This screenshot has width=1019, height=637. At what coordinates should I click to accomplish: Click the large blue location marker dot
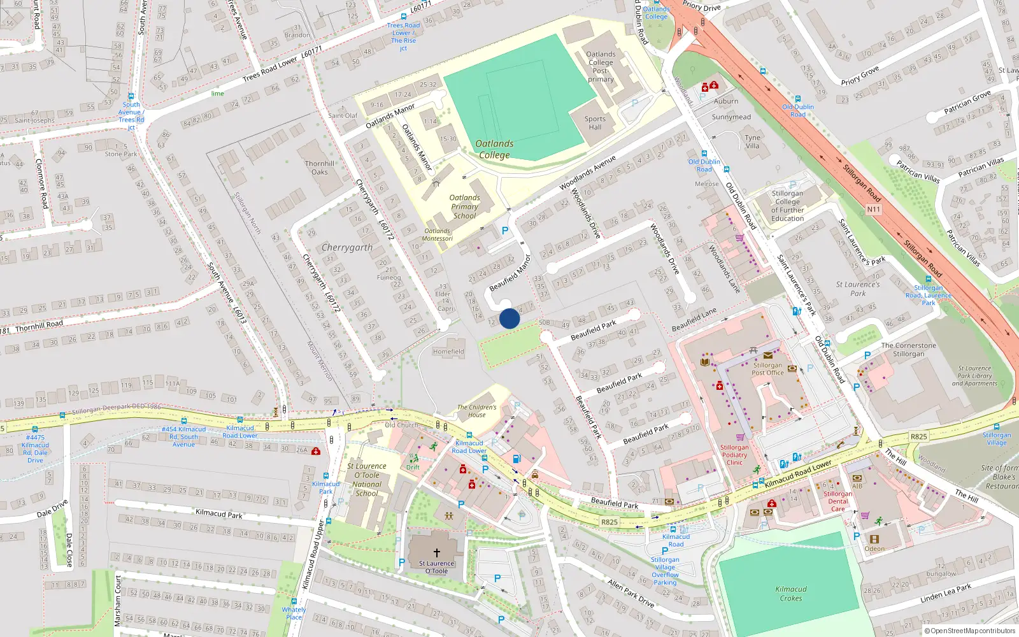point(509,318)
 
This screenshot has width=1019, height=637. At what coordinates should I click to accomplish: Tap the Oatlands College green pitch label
point(494,149)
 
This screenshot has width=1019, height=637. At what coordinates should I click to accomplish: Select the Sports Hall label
point(595,123)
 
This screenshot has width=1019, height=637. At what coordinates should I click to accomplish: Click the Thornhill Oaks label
point(320,168)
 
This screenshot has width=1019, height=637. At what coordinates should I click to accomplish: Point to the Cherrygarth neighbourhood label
point(346,247)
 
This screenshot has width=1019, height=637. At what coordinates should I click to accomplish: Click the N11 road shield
point(873,209)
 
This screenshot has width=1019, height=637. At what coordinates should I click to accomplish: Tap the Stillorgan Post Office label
point(767,369)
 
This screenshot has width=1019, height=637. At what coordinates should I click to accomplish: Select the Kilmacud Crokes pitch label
point(791,594)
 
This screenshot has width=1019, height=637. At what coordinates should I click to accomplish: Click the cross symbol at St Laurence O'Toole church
point(437,553)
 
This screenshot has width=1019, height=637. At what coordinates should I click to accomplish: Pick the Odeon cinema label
point(874,548)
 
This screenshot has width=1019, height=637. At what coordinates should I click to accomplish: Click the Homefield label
point(448,351)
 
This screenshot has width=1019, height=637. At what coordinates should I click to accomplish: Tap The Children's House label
point(476,411)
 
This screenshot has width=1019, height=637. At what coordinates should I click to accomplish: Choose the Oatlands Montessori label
point(437,235)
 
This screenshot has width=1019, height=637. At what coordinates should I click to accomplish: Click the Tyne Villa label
point(752,141)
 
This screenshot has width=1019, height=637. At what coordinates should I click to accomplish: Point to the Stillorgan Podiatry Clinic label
point(734,455)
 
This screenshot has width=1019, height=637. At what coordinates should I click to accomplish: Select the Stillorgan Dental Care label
point(837,501)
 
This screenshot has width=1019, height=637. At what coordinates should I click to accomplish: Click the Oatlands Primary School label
point(464,206)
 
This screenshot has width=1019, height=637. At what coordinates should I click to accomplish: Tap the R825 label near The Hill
point(918,436)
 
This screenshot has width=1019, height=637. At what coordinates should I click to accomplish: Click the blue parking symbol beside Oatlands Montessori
point(505,231)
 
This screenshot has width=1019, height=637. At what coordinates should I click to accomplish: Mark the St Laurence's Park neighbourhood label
point(858,289)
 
